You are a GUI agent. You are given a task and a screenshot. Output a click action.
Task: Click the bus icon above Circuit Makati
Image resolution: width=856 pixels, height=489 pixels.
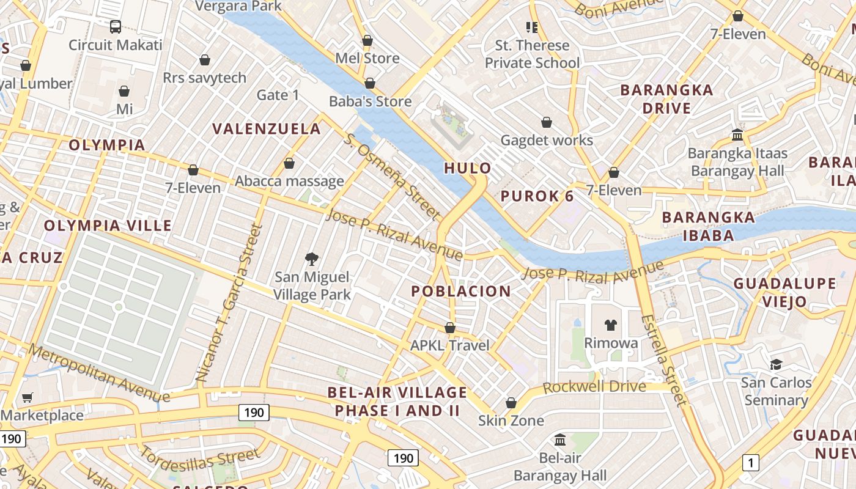coord(115,26)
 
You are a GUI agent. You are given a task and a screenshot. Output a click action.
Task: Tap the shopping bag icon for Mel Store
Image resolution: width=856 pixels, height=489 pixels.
coord(367,41)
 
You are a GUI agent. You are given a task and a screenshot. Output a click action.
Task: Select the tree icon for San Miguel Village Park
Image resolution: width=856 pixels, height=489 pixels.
coord(312,259)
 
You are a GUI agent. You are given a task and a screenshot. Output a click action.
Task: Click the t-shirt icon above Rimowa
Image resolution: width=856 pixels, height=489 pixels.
coord(610,325)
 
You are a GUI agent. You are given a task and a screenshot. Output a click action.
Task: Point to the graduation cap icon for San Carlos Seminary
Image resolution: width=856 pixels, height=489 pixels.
coord(776,364)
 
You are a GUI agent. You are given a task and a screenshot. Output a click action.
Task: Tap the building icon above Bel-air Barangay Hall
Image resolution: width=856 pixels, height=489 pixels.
coord(559,439)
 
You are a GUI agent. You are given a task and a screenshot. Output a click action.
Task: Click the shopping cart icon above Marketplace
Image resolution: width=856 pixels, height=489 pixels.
coord(27,398)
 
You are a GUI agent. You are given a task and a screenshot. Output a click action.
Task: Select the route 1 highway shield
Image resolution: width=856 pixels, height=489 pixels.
coord(750,463)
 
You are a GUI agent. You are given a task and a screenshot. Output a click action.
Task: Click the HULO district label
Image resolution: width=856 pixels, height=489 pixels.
coord(468,168)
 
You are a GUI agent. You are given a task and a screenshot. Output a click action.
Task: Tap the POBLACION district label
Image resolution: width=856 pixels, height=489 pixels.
coord(461,291)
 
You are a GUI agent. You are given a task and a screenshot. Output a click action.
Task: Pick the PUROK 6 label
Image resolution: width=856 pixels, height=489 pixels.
coord(537,196)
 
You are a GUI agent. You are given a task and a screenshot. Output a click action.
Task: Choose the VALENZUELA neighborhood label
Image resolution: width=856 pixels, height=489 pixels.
coord(267,128)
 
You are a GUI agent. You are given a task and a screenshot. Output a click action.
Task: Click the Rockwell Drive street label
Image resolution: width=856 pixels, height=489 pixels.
coord(594,387)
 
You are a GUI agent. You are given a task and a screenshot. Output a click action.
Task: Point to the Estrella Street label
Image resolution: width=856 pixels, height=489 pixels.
coord(663,360)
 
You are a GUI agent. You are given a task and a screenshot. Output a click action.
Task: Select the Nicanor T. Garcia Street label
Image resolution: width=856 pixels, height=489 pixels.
coord(229,304)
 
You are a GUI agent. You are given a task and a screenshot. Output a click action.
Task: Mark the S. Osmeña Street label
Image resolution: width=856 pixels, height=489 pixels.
coord(392,177)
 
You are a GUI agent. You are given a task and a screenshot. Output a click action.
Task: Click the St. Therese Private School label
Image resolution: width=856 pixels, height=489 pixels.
coord(532,54)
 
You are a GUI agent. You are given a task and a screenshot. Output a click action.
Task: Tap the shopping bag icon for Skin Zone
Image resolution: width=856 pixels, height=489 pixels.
coord(511,403)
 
